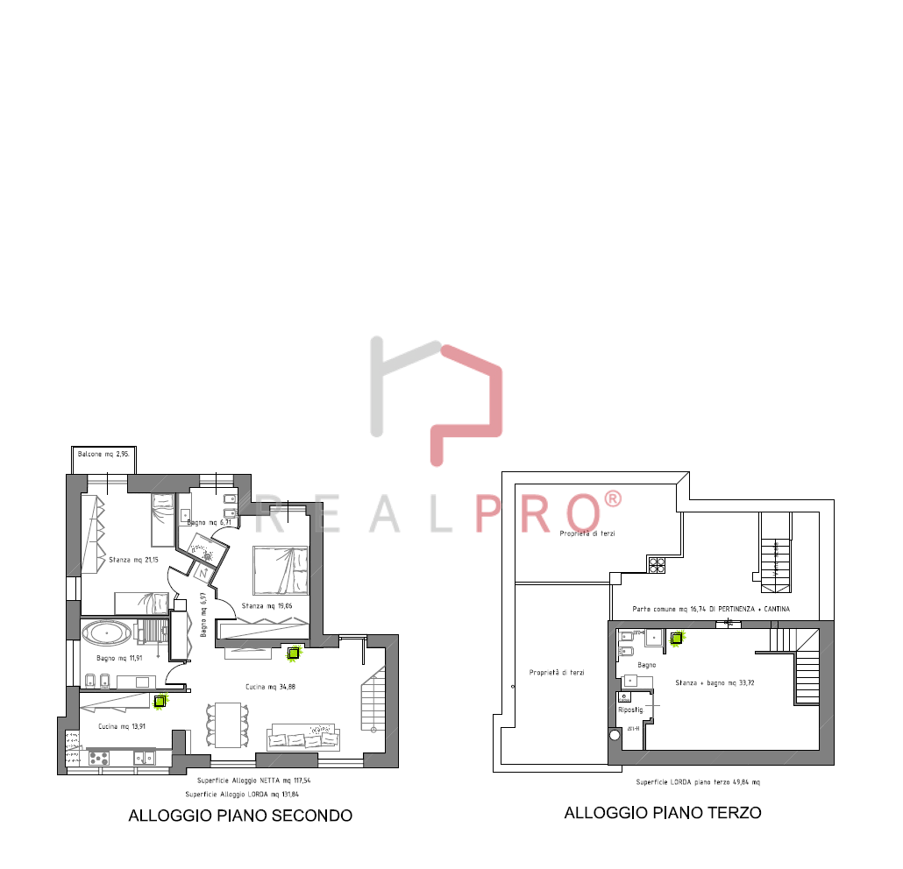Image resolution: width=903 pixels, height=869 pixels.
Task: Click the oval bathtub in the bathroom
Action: [104, 631]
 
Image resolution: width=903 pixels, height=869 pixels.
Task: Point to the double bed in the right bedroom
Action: [281, 569]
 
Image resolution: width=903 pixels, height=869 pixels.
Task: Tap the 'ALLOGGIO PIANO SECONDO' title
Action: [240, 816]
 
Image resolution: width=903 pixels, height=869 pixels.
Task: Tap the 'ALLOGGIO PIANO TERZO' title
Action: [662, 813]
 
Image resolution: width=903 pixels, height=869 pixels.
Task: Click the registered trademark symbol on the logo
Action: [613, 499]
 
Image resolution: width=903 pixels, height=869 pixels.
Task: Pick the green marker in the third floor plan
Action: [676, 639]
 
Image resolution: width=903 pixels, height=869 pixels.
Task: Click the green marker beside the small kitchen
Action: [160, 701]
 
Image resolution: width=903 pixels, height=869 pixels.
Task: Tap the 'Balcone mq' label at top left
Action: [103, 454]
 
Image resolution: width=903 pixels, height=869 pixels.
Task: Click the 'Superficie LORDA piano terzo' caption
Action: [698, 781]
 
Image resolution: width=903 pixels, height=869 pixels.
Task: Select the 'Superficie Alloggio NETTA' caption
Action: [253, 780]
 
